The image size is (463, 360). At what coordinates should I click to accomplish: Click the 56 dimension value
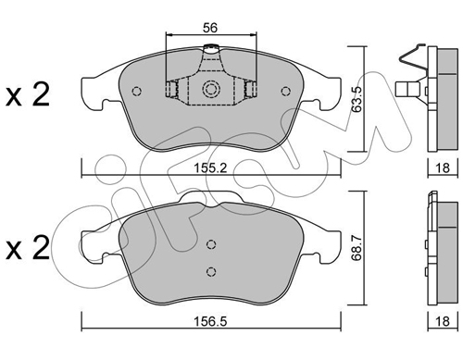[210, 28]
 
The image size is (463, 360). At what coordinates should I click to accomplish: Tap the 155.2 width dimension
[210, 168]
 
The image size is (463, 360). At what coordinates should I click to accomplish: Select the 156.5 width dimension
[210, 322]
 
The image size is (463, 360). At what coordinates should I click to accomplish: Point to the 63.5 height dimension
[357, 99]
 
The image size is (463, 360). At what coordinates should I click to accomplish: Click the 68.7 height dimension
[357, 247]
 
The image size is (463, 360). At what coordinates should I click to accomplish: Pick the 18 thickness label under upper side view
[443, 168]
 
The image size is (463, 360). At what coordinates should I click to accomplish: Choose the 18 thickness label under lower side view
[443, 322]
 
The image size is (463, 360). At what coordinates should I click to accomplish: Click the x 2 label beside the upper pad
[28, 95]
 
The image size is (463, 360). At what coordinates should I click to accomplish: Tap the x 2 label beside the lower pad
[28, 247]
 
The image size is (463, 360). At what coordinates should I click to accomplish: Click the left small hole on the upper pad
[136, 91]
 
